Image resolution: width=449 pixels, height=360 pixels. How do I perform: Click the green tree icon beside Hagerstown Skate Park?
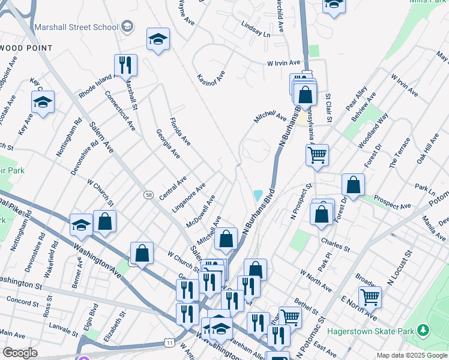pyautogui.click(x=424, y=330)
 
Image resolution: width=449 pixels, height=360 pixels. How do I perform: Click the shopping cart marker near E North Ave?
pyautogui.click(x=370, y=297)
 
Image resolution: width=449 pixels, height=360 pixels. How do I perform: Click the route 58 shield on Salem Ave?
pyautogui.click(x=148, y=194)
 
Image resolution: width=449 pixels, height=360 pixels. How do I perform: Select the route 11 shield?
pyautogui.click(x=170, y=341)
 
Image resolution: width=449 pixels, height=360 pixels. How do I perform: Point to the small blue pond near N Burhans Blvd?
pyautogui.click(x=258, y=196)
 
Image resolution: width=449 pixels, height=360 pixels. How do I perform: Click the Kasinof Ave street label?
pyautogui.click(x=211, y=77)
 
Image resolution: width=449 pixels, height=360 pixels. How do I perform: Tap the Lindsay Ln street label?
pyautogui.click(x=256, y=30)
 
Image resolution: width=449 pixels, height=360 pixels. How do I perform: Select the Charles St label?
pyautogui.click(x=335, y=244)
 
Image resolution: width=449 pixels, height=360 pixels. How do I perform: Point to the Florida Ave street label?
pyautogui.click(x=180, y=131)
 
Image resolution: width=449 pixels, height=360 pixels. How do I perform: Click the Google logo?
pyautogui.click(x=20, y=353)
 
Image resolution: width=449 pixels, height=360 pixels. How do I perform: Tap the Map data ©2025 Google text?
pyautogui.click(x=411, y=355)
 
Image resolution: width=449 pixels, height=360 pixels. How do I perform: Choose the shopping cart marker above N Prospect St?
pyautogui.click(x=317, y=155)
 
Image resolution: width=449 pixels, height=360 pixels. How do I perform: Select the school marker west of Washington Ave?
pyautogui.click(x=81, y=225)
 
